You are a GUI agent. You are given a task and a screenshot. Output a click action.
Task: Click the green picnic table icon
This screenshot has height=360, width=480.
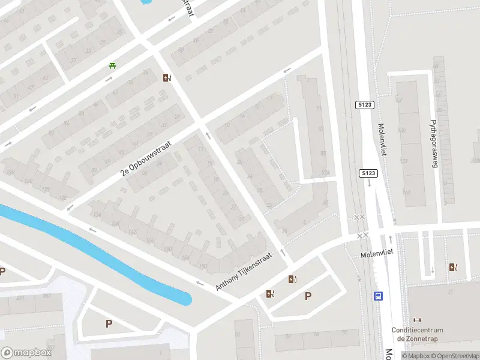112,66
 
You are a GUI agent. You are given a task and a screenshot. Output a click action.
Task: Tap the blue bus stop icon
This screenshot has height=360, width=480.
379,296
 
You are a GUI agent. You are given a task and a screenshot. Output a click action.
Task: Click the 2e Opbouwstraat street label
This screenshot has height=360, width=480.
146,158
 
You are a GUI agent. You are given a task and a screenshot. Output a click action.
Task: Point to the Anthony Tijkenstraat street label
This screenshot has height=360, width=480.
244,272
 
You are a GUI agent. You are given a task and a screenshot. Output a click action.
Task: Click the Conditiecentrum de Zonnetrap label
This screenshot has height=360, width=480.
417,334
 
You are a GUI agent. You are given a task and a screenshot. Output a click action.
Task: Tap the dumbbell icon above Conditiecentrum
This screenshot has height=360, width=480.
417,320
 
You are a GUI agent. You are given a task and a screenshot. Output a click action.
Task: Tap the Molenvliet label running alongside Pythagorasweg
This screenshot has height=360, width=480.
381,140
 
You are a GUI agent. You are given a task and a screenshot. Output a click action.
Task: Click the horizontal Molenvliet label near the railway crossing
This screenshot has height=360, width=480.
376,254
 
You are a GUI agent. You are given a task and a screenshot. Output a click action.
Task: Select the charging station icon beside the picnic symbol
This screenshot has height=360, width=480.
167,77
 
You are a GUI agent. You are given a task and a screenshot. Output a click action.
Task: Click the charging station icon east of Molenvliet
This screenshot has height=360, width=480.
452,268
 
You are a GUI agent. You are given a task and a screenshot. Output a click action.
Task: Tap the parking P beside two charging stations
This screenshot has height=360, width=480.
308,295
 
